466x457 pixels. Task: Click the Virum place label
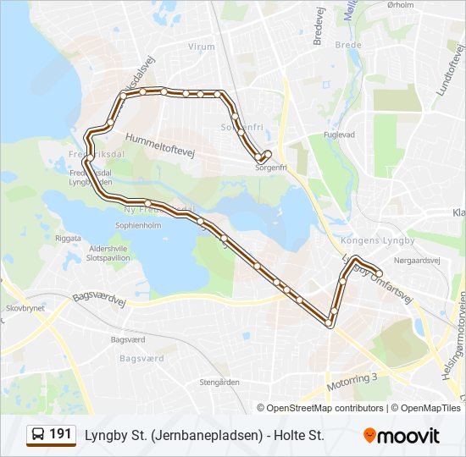202,47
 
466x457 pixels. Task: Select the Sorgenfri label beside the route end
271,168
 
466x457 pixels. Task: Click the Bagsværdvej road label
99,297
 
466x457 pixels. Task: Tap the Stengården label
219,383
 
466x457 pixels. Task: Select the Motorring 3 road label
351,383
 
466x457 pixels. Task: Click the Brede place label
348,45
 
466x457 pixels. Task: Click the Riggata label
68,238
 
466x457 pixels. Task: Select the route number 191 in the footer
60,434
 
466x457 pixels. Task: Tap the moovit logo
402,436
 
